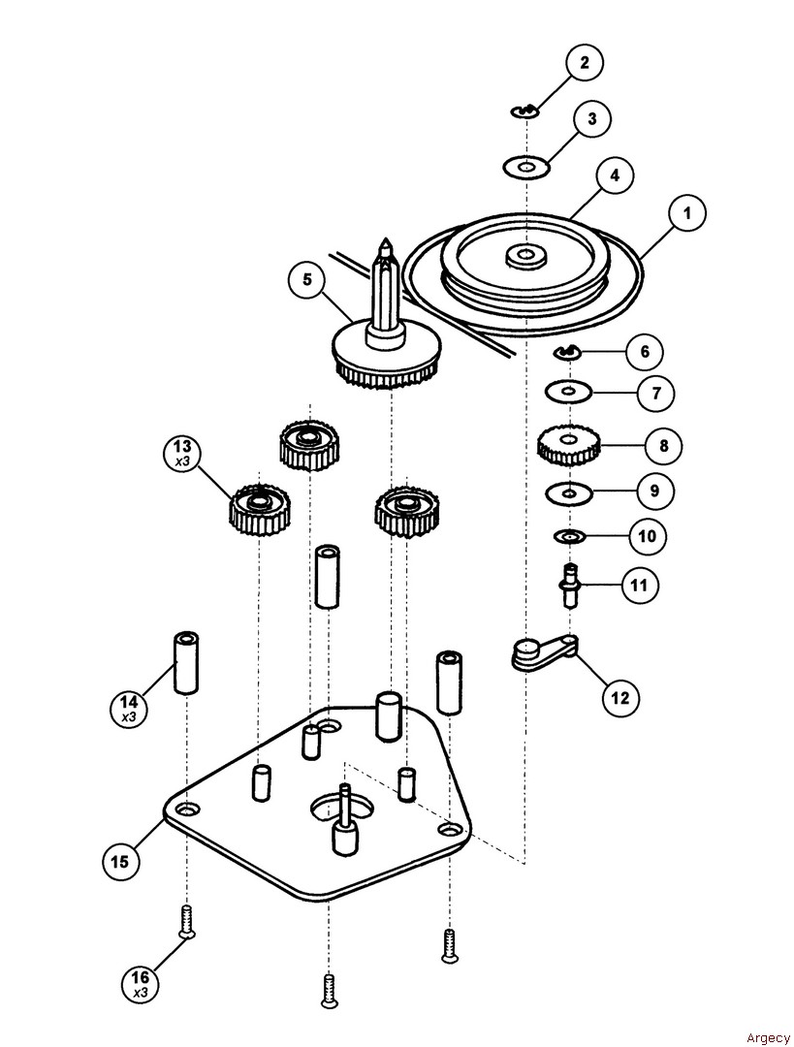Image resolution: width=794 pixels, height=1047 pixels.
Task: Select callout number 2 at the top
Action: pos(584,64)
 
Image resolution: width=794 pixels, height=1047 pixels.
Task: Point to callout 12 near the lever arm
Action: pos(619,696)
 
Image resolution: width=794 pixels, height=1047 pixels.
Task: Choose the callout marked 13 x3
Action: pos(181,452)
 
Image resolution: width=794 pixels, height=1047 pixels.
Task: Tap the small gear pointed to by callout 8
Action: pos(568,445)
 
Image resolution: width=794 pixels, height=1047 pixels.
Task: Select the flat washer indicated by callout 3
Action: pos(526,168)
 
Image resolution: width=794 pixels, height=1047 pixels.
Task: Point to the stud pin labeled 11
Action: pos(570,585)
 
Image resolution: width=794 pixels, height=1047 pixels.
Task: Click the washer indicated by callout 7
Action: pos(568,392)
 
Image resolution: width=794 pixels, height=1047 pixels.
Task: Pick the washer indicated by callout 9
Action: pos(568,492)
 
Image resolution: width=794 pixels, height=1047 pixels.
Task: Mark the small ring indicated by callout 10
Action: pos(569,536)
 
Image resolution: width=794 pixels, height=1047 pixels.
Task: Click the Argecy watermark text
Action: pos(769,1037)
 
